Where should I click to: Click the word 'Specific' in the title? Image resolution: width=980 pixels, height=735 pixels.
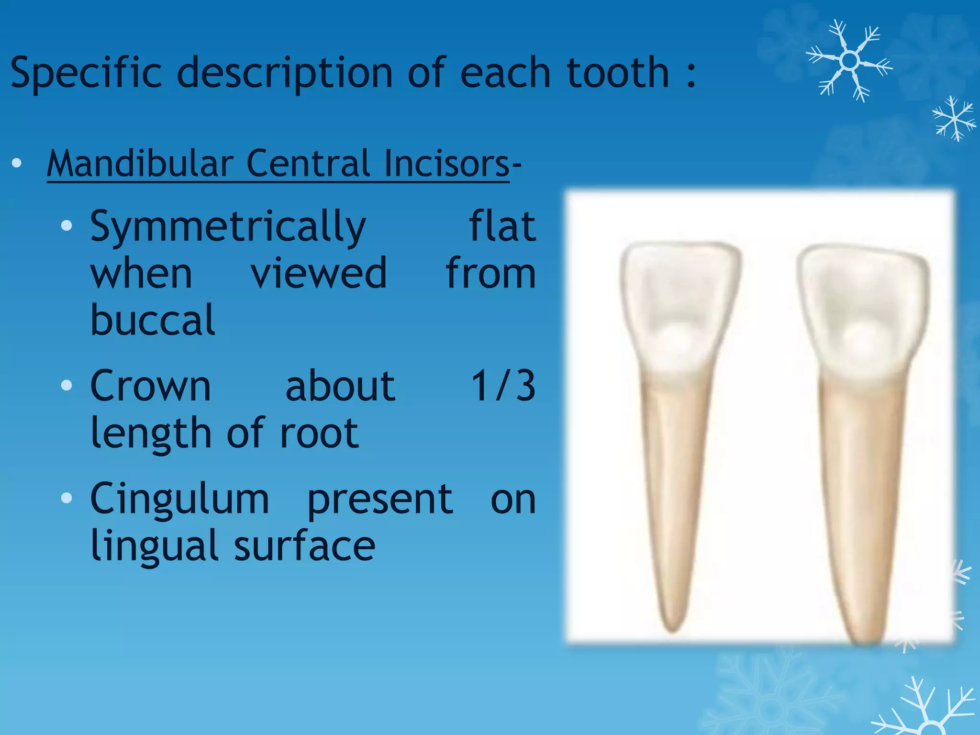[x=86, y=73]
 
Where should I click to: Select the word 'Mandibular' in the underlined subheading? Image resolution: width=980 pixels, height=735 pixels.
[x=140, y=164]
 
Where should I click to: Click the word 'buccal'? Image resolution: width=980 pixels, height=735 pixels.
[x=153, y=319]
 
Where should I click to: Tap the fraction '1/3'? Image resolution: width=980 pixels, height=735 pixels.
[x=503, y=386]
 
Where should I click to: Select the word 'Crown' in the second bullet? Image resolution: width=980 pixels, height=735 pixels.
[x=150, y=386]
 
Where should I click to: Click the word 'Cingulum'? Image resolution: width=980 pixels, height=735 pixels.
[x=179, y=499]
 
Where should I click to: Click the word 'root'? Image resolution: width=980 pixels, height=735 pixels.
[x=319, y=433]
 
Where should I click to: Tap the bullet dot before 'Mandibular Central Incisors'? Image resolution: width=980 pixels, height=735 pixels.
[x=17, y=164]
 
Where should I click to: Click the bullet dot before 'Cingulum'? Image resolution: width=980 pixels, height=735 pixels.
[x=67, y=499]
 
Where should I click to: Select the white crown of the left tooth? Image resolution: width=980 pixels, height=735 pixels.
[x=679, y=306]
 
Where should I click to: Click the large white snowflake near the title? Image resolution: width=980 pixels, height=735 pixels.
[x=849, y=61]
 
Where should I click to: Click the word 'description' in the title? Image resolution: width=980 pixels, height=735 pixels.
[x=285, y=73]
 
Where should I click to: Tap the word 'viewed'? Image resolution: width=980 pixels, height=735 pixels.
[x=319, y=274]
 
